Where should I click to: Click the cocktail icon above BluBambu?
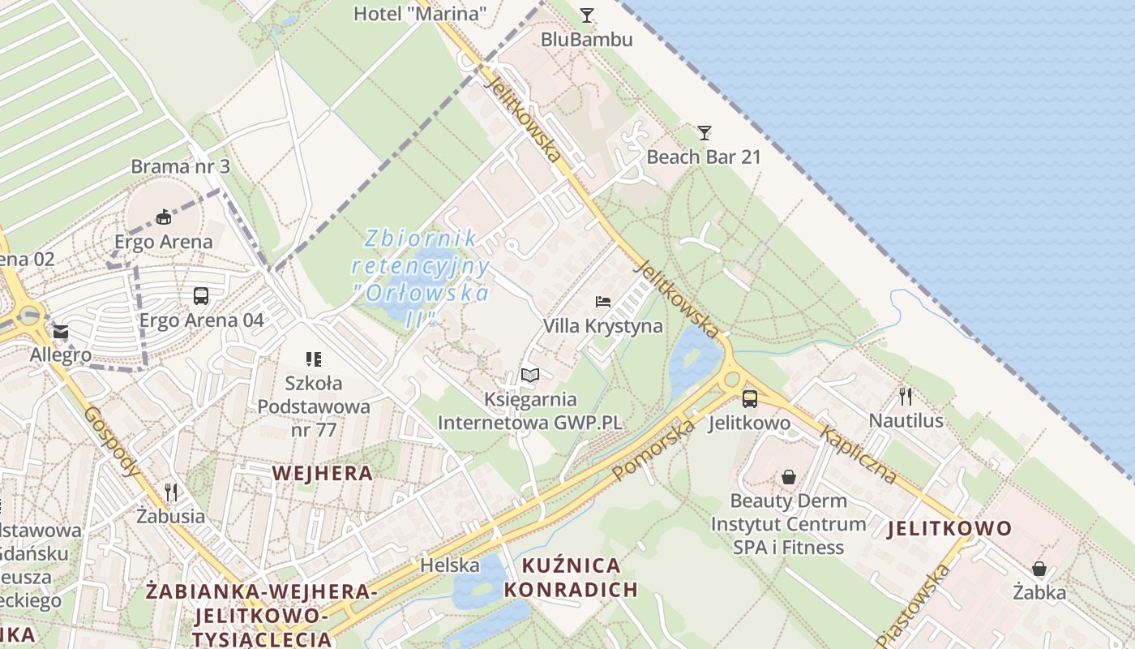click(x=587, y=15)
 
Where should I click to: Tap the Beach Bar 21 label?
click(x=704, y=157)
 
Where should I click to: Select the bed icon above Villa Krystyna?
click(x=603, y=302)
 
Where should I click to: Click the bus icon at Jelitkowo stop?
click(x=750, y=398)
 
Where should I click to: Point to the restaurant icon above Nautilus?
click(x=906, y=396)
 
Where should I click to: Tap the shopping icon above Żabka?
click(x=1039, y=569)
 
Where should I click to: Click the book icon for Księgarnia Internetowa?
click(x=530, y=375)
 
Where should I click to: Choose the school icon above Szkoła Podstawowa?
click(x=314, y=359)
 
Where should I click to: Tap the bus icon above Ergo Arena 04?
click(x=201, y=296)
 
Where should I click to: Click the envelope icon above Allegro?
click(x=61, y=332)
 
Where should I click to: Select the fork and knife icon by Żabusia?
click(x=171, y=492)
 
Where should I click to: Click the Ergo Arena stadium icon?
click(x=164, y=217)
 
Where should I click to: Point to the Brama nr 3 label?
click(x=181, y=167)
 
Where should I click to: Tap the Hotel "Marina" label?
click(x=420, y=13)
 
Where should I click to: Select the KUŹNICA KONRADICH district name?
click(x=571, y=577)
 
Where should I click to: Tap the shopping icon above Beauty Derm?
click(x=788, y=477)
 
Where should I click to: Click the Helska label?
click(x=450, y=565)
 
